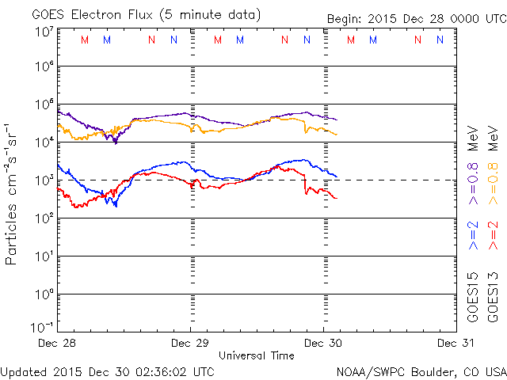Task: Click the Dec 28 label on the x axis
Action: pyautogui.click(x=58, y=344)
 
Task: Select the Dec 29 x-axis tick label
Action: pyautogui.click(x=191, y=344)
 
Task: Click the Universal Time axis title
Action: pyautogui.click(x=256, y=355)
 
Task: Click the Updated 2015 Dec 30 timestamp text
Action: pyautogui.click(x=108, y=370)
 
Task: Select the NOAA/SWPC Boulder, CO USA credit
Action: pyautogui.click(x=421, y=370)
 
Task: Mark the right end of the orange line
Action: pyautogui.click(x=337, y=135)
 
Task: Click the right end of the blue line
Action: pyautogui.click(x=337, y=177)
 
